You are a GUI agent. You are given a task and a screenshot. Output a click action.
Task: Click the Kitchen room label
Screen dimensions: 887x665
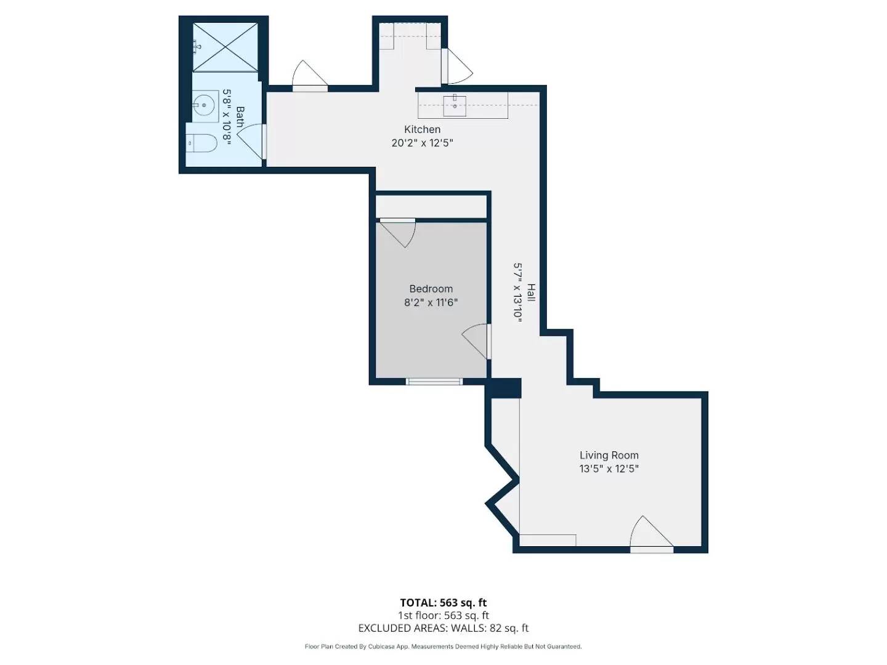[423, 129]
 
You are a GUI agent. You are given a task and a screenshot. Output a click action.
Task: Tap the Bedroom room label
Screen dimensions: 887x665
[431, 289]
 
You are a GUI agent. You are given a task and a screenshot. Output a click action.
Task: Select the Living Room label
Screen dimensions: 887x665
[609, 455]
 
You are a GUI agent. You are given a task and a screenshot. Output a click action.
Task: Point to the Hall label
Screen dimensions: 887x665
[532, 292]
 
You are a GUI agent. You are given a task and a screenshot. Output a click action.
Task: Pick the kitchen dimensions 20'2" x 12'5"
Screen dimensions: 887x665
[423, 143]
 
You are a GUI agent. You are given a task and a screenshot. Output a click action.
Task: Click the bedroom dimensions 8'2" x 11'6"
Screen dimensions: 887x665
[431, 302]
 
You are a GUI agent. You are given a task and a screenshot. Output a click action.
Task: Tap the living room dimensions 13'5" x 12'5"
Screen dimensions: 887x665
[609, 469]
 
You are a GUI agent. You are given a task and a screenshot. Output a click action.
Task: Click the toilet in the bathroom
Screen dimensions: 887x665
[201, 142]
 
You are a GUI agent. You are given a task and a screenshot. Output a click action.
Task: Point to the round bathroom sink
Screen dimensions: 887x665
[205, 105]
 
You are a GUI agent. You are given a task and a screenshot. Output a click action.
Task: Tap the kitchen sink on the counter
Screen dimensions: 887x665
[455, 106]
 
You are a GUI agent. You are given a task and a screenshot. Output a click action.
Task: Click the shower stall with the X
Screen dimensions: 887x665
[225, 47]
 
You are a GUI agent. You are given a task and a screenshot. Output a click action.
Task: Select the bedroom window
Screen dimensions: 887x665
[434, 382]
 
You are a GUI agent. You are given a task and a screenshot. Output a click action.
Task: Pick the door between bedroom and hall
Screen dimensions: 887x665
[477, 342]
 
